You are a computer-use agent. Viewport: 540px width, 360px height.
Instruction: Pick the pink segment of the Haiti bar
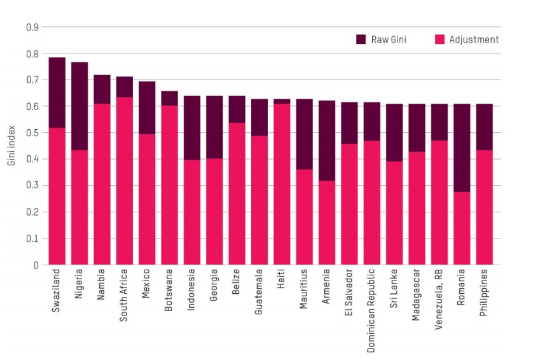tap(282, 184)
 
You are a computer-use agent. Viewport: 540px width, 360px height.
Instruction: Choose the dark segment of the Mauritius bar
tap(305, 134)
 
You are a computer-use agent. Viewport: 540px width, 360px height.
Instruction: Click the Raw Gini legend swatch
tap(361, 39)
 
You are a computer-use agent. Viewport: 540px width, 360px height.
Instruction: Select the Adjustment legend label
tap(474, 39)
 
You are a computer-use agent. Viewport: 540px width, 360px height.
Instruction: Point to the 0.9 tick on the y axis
tap(32, 27)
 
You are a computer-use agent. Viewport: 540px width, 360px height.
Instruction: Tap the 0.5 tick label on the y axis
tap(32, 133)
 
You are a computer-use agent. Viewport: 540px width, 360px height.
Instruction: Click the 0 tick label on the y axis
tap(36, 265)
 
